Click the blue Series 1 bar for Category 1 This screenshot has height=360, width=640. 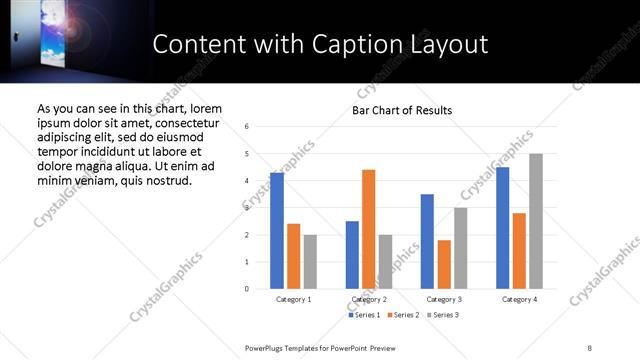click(277, 231)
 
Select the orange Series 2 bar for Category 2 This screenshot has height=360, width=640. click(368, 229)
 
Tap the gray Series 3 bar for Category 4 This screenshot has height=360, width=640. click(536, 221)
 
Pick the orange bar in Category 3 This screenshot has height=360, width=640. click(444, 264)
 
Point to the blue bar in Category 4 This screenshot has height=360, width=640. click(502, 228)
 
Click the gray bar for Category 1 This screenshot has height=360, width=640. click(310, 262)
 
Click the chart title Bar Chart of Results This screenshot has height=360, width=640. click(402, 110)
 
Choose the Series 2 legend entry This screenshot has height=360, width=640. click(403, 315)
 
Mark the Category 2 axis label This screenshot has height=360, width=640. click(369, 299)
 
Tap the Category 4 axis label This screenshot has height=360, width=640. click(519, 299)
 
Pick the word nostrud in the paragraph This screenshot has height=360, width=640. click(165, 180)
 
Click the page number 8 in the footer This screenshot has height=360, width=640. click(590, 347)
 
